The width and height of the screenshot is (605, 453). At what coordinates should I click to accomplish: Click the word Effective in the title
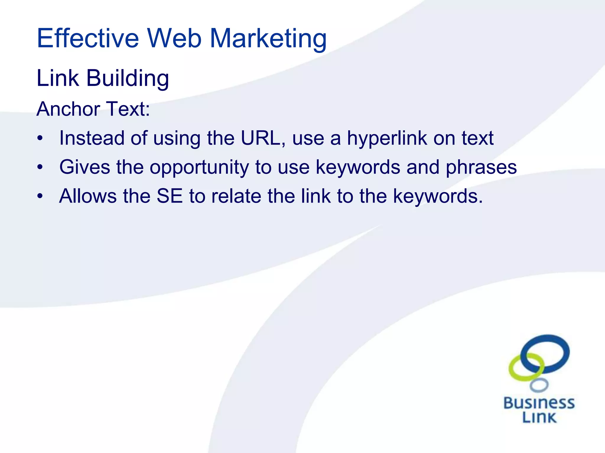pyautogui.click(x=88, y=38)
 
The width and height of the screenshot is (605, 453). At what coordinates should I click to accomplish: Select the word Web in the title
pyautogui.click(x=174, y=38)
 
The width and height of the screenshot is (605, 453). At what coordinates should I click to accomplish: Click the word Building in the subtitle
pyautogui.click(x=127, y=78)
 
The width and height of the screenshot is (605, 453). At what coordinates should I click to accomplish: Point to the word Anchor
pyautogui.click(x=68, y=109)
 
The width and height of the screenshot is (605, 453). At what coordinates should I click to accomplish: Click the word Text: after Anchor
pyautogui.click(x=128, y=109)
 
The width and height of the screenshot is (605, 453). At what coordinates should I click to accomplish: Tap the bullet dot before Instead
pyautogui.click(x=40, y=138)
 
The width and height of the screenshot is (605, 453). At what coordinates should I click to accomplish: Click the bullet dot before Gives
pyautogui.click(x=40, y=167)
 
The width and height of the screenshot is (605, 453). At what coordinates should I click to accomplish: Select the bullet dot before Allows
pyautogui.click(x=40, y=196)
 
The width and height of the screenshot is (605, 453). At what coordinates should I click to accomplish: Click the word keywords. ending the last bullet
pyautogui.click(x=438, y=196)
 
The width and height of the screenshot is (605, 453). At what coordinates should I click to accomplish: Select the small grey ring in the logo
pyautogui.click(x=539, y=385)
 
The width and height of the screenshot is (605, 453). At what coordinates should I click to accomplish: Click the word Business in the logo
pyautogui.click(x=539, y=403)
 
